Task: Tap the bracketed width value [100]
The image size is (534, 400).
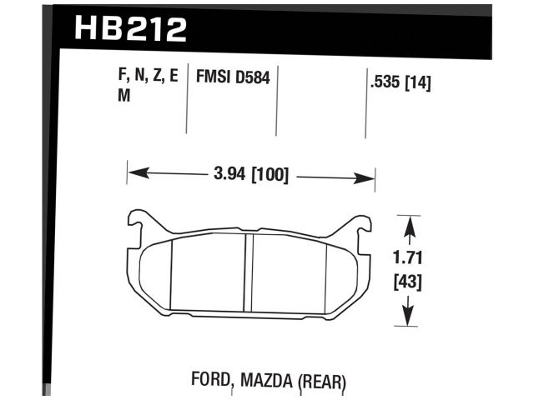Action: pos(266,176)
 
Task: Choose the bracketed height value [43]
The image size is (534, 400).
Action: pos(406,282)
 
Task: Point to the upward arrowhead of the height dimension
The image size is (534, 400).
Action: pos(406,222)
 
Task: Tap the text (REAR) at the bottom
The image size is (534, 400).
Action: pos(321,383)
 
